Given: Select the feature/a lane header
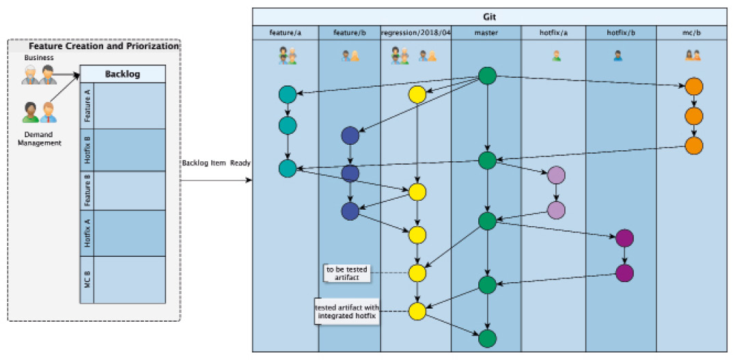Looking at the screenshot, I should [286, 32].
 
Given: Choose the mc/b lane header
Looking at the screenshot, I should [692, 32].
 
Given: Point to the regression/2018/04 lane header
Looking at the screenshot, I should [415, 32].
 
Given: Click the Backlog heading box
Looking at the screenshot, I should [122, 74].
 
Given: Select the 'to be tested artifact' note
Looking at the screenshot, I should [348, 273].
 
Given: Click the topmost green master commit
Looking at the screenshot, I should [486, 76].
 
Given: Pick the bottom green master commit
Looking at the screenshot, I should [486, 338].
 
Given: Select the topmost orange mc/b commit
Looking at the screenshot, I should [694, 87].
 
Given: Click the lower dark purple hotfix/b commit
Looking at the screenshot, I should [624, 273].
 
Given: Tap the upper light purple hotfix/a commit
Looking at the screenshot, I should [556, 176].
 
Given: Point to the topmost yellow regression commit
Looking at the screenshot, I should [417, 94].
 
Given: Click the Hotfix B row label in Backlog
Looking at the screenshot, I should [87, 150].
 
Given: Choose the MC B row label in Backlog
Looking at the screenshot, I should [87, 279].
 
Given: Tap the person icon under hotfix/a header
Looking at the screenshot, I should [556, 56].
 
